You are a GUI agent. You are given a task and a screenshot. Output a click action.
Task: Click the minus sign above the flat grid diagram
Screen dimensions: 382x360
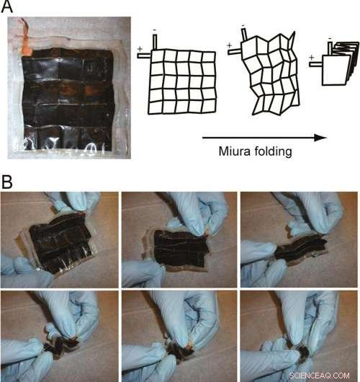coord(155,30)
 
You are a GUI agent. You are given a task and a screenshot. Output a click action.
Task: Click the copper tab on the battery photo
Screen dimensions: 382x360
coord(27,45)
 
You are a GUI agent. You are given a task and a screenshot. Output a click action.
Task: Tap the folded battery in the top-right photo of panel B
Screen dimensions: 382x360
coord(292,249)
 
